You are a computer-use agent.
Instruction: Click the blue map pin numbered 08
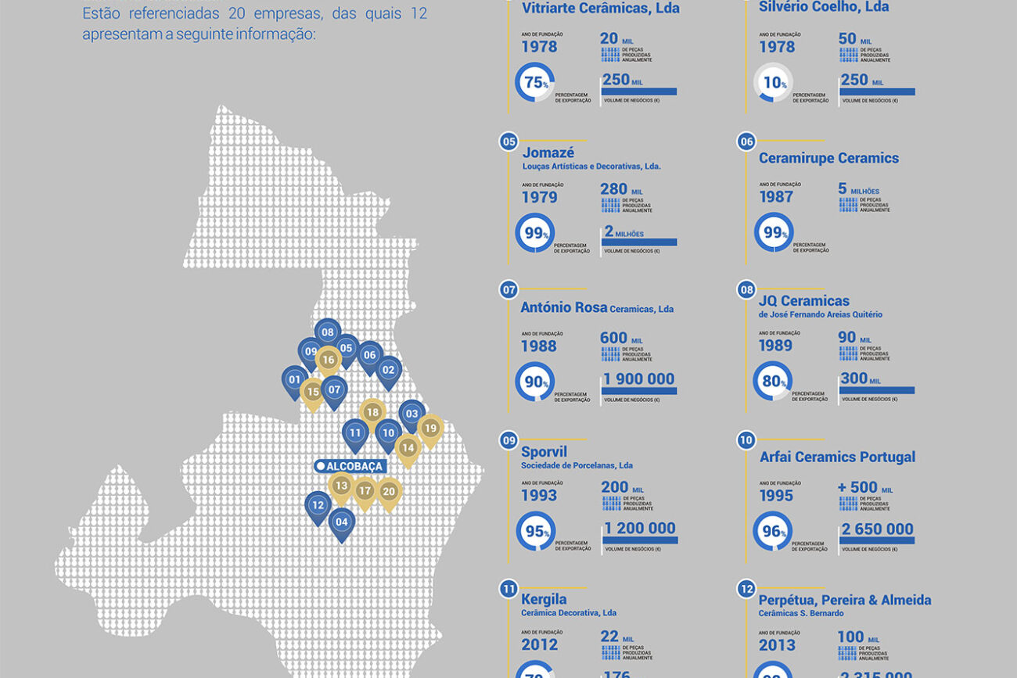point(327,332)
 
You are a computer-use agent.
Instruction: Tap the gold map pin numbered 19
point(429,429)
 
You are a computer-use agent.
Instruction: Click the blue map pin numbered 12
point(318,506)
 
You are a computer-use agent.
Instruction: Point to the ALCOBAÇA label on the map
point(350,466)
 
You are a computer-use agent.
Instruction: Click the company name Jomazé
point(548,152)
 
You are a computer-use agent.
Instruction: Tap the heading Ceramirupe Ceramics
point(828,158)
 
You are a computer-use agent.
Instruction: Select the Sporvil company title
point(544,452)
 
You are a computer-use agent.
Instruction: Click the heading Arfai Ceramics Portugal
point(837,457)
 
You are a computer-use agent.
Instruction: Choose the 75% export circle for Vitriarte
point(535,83)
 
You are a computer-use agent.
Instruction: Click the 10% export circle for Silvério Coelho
point(773,83)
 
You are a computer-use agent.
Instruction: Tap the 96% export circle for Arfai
point(772,532)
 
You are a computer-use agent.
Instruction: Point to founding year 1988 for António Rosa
point(539,346)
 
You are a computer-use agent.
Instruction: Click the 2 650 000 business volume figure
point(877,529)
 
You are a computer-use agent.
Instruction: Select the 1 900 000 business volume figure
point(638,379)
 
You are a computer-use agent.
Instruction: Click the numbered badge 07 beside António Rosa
point(509,290)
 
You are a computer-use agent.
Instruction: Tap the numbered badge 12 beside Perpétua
point(746,589)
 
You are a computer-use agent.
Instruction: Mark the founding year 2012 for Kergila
point(540,645)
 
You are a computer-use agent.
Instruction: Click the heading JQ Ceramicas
point(803,300)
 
